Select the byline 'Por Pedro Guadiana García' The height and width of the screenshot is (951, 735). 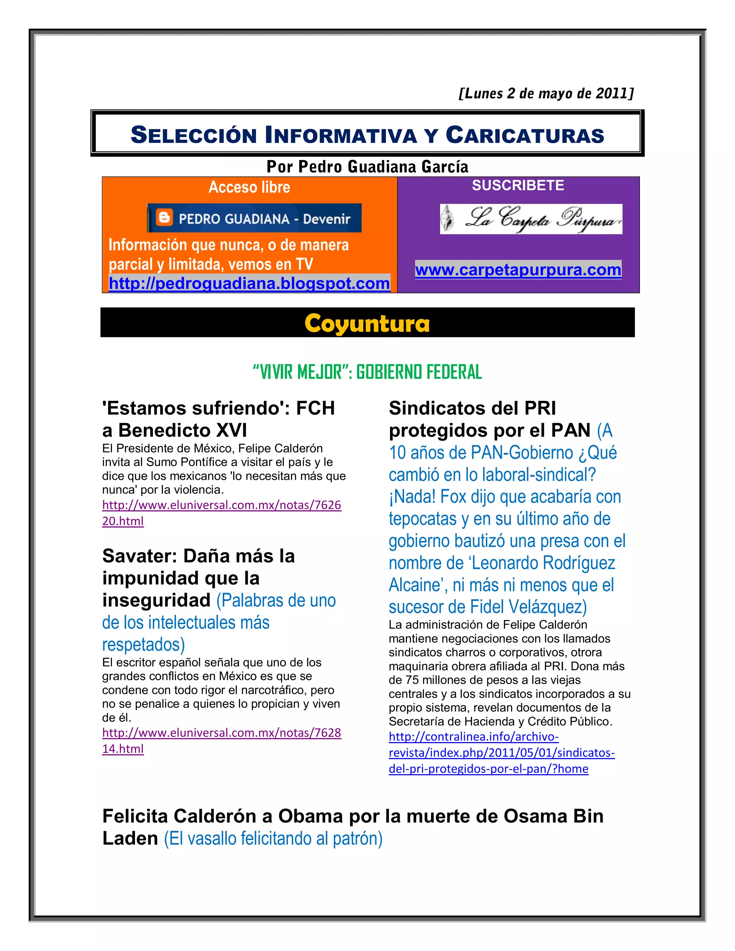367,167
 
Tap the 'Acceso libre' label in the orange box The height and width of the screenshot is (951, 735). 249,187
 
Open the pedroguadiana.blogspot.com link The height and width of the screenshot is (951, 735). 249,284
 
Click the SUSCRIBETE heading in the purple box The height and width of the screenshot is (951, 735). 518,186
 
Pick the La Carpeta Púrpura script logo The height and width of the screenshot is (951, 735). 531,219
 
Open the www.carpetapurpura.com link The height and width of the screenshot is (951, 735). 518,270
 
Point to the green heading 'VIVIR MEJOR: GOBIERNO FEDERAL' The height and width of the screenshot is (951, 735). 367,372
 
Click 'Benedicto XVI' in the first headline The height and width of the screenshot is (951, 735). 182,431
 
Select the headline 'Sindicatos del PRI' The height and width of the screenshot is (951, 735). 472,408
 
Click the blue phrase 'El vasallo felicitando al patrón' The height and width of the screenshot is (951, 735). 273,839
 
